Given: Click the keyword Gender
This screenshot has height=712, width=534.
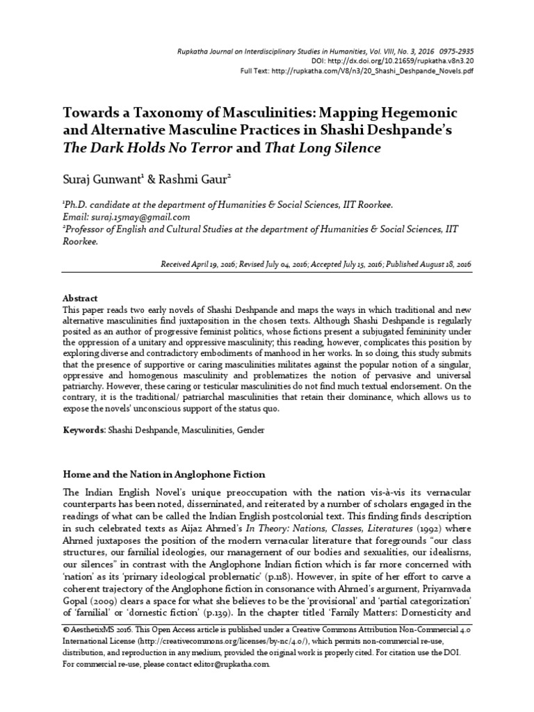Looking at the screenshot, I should (250, 430).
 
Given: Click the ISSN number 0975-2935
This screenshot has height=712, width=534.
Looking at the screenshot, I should (455, 50).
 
